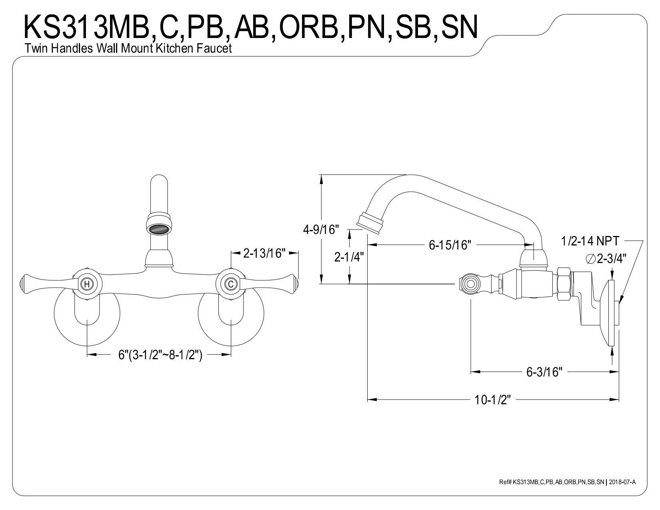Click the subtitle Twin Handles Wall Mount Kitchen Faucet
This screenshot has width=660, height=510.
(128, 49)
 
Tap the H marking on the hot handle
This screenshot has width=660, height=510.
(86, 284)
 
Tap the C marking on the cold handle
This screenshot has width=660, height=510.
(230, 284)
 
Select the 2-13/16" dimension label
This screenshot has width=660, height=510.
(264, 253)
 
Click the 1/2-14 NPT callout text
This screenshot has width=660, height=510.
(590, 241)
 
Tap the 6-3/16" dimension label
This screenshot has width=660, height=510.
(544, 372)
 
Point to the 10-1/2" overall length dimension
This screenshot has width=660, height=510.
(493, 400)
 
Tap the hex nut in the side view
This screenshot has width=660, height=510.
(563, 284)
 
